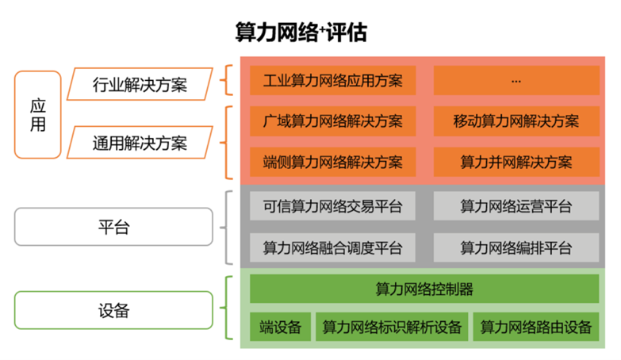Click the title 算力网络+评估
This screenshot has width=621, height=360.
[x=301, y=33]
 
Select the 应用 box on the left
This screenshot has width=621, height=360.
[x=37, y=114]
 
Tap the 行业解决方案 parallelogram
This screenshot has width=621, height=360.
[x=140, y=84]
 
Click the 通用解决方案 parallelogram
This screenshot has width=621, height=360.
[x=140, y=144]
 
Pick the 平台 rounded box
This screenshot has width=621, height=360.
[x=113, y=228]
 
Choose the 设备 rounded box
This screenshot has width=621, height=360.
[x=113, y=310]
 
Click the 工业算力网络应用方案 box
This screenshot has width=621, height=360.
[x=333, y=80]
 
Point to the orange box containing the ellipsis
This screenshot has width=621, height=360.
[x=516, y=80]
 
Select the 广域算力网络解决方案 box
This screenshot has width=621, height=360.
[x=333, y=121]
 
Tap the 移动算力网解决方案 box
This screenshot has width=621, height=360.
[x=516, y=121]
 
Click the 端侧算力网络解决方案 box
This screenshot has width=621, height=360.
[x=333, y=163]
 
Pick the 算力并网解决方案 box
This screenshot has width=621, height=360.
[x=516, y=163]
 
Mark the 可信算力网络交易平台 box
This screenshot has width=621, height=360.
[x=333, y=207]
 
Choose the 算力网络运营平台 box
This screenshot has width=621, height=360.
[x=516, y=207]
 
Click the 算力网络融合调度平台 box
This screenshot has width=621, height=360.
[x=333, y=247]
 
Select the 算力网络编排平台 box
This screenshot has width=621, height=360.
[x=516, y=247]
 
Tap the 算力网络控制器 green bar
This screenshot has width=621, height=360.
[x=424, y=289]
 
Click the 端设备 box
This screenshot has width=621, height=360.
[x=280, y=327]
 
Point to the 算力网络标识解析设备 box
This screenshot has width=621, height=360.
[x=391, y=327]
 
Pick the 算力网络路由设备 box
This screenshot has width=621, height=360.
[x=536, y=327]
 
